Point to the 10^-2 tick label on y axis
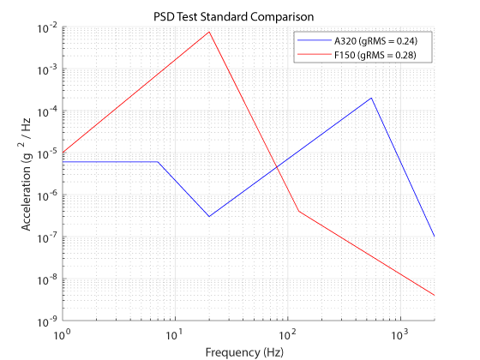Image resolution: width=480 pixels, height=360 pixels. tap(44, 27)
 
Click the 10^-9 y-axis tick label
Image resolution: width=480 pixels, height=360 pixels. tap(44, 321)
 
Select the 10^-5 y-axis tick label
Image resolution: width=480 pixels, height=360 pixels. tap(44, 153)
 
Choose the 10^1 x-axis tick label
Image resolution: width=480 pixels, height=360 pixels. tap(175, 334)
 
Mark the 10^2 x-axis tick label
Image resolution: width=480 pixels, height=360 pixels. tap(286, 334)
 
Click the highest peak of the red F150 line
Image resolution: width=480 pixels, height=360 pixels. tap(208, 32)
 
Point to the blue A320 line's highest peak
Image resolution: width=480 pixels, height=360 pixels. tap(371, 98)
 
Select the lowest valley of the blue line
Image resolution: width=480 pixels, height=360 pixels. tap(208, 216)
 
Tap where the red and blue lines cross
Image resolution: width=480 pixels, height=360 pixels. tap(276, 166)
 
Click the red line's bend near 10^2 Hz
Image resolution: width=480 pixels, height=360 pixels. tap(298, 211)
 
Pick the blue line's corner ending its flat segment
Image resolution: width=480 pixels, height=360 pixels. tap(158, 162)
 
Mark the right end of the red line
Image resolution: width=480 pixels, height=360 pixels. tap(434, 296)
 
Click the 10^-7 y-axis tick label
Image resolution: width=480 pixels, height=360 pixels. tap(44, 237)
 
